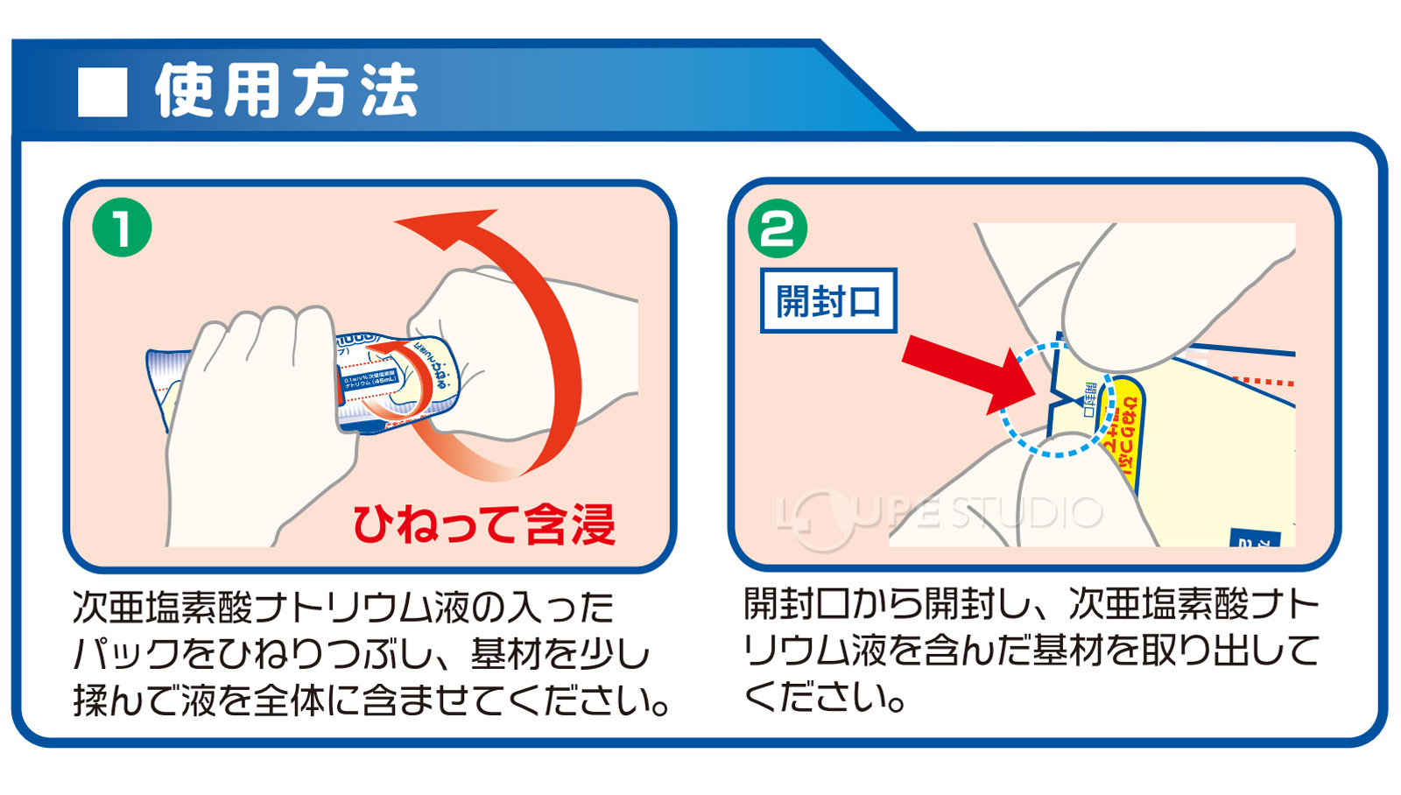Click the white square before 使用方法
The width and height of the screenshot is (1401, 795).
tap(102, 92)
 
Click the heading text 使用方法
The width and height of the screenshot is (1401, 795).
tap(286, 91)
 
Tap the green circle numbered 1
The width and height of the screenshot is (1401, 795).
tap(122, 228)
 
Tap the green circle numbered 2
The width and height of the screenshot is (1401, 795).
tap(777, 229)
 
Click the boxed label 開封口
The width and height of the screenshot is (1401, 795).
tap(828, 301)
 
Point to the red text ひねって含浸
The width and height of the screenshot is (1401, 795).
tap(483, 524)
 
